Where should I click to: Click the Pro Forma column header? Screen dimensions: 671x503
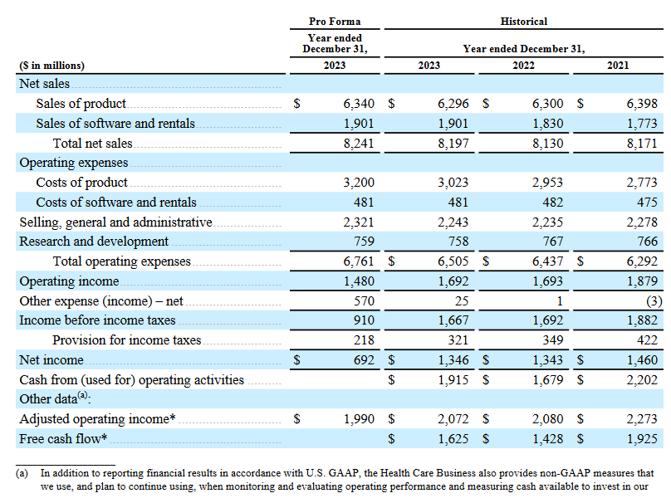coord(335,22)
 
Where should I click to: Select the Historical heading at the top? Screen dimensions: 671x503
coord(524,22)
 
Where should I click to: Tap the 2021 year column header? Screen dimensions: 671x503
coord(618,66)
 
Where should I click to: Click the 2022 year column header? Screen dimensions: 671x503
coord(523,66)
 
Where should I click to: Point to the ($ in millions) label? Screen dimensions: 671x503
coord(51,66)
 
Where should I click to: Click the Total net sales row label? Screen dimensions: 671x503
coord(92,144)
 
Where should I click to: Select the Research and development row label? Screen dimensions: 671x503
coord(94,242)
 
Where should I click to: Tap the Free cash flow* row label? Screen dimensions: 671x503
coord(63,439)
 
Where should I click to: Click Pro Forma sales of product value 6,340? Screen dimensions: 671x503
coord(359,104)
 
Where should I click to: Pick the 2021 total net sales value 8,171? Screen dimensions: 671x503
coord(642,144)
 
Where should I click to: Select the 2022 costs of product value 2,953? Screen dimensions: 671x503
coord(548,183)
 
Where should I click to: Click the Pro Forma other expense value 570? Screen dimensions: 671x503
coord(365,301)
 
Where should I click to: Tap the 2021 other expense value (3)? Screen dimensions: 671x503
coord(654,301)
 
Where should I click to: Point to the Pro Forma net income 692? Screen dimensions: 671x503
coord(365,360)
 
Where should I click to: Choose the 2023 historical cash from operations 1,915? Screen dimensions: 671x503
coord(453,380)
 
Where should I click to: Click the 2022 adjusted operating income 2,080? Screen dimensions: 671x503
coord(548,419)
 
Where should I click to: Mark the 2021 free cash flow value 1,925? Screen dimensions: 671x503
coord(642,439)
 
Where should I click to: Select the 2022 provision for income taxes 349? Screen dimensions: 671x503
coord(553,340)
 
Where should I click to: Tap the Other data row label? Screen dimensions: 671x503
coord(55,398)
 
